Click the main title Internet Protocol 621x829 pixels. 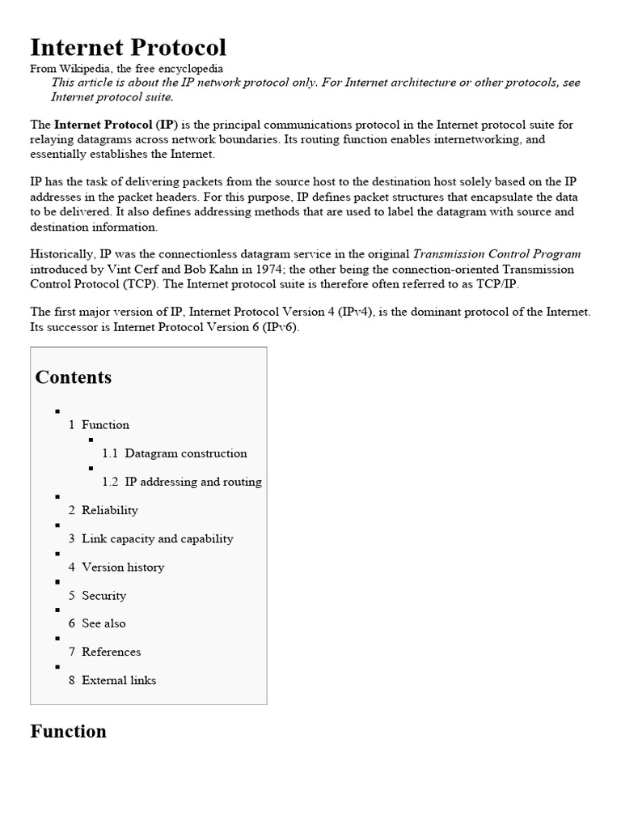[128, 47]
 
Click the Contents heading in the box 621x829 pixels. [74, 377]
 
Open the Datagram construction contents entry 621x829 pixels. [185, 453]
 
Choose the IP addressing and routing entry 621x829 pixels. [192, 482]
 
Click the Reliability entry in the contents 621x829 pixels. [109, 510]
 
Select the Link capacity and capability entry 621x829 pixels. [157, 538]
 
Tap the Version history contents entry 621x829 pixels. [122, 567]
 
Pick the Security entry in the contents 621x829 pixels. [103, 595]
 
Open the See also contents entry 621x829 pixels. [103, 623]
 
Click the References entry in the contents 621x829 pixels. [111, 652]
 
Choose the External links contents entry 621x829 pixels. [118, 680]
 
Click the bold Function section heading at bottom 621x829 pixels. [68, 732]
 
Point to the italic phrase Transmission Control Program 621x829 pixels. [496, 253]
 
